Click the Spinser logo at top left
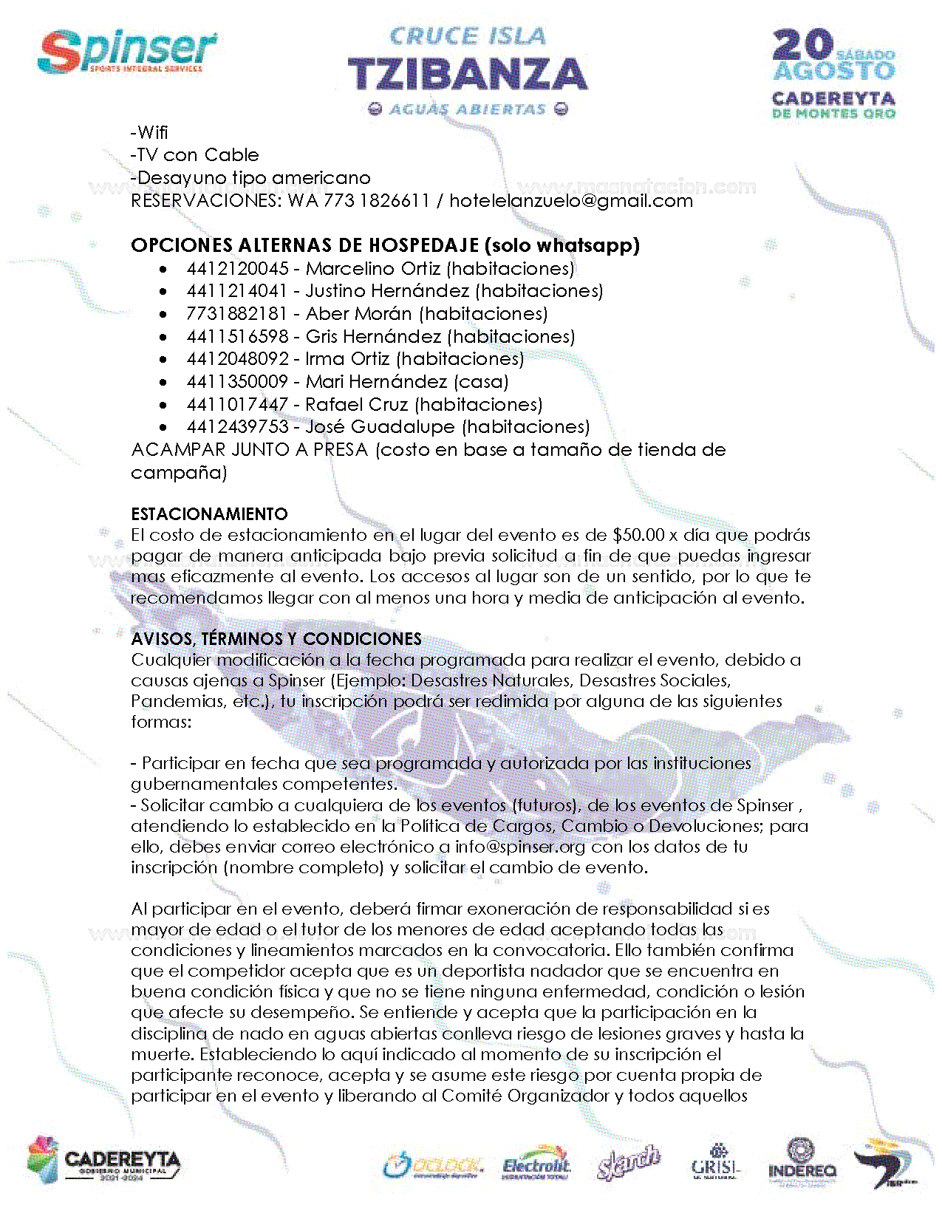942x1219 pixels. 127,52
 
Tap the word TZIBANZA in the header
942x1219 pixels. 467,75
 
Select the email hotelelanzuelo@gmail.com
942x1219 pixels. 570,201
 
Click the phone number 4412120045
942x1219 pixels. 237,268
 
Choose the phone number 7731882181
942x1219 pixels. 237,314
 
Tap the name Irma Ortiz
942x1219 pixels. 347,359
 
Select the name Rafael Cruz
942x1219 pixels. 356,405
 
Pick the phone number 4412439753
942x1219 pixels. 237,427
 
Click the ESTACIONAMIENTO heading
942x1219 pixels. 209,514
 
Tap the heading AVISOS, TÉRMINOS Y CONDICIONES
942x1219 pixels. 276,639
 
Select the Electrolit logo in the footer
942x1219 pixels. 536,1166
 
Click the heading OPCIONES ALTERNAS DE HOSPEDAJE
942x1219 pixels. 306,245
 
